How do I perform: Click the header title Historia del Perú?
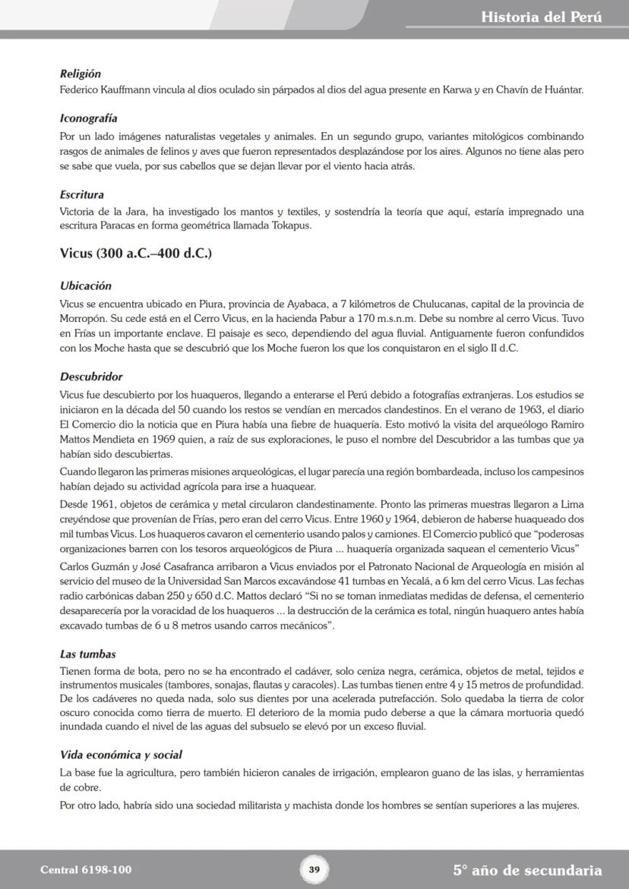click(x=541, y=17)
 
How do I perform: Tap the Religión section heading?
click(x=80, y=74)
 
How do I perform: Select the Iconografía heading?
click(x=88, y=119)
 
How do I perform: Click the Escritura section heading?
click(x=81, y=195)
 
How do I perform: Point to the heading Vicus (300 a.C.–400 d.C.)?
click(x=135, y=254)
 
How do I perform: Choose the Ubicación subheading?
click(x=85, y=286)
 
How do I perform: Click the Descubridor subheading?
click(x=90, y=377)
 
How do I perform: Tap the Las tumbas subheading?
click(x=87, y=654)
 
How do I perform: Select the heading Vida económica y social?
click(x=120, y=755)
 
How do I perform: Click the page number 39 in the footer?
click(x=314, y=870)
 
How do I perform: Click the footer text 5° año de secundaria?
click(x=527, y=871)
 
